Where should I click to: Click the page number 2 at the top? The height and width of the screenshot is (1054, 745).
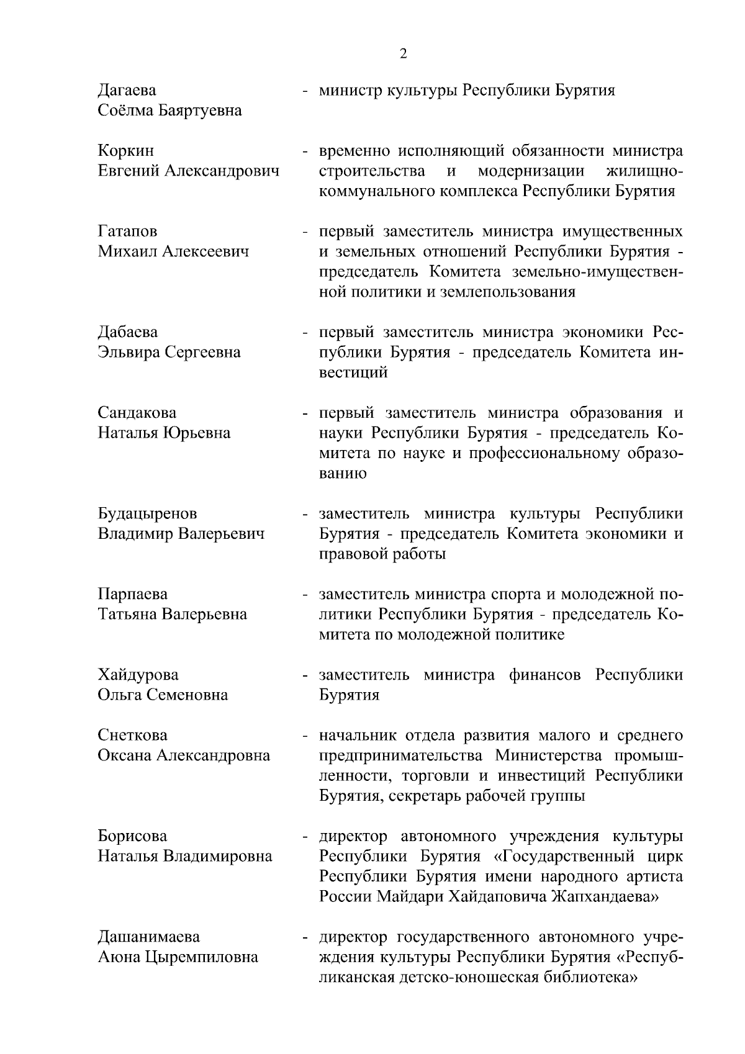pyautogui.click(x=403, y=54)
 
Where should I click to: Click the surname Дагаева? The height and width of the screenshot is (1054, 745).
pyautogui.click(x=127, y=91)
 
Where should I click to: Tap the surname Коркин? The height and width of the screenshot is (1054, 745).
pyautogui.click(x=126, y=151)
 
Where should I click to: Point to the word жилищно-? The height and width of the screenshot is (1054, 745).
pyautogui.click(x=643, y=171)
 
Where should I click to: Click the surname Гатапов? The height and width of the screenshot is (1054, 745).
pyautogui.click(x=128, y=232)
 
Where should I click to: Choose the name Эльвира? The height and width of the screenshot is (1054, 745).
pyautogui.click(x=129, y=353)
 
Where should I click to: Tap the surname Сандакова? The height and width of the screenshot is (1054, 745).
pyautogui.click(x=137, y=413)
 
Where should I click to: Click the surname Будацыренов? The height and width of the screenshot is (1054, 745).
pyautogui.click(x=148, y=514)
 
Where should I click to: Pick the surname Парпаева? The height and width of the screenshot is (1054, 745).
pyautogui.click(x=133, y=594)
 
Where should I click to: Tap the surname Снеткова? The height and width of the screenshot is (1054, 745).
pyautogui.click(x=132, y=736)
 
